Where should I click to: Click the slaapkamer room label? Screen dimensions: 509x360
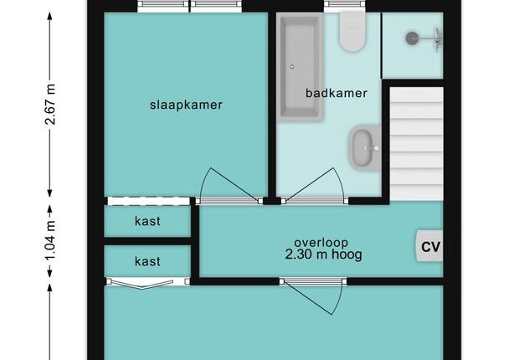pyautogui.click(x=186, y=105)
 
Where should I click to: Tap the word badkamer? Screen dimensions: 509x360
pyautogui.click(x=337, y=93)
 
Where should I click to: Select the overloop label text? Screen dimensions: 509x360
pyautogui.click(x=321, y=243)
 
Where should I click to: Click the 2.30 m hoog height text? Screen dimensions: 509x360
pyautogui.click(x=323, y=255)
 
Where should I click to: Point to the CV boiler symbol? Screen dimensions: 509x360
pyautogui.click(x=429, y=246)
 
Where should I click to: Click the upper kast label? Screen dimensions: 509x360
pyautogui.click(x=147, y=221)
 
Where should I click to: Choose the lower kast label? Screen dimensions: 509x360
pyautogui.click(x=147, y=261)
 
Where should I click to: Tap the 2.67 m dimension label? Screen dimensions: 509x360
pyautogui.click(x=50, y=105)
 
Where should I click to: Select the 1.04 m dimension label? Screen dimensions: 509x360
pyautogui.click(x=50, y=241)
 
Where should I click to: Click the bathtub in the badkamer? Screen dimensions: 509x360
pyautogui.click(x=301, y=67)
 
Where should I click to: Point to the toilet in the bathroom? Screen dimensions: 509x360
pyautogui.click(x=352, y=32)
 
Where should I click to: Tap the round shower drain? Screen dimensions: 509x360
pyautogui.click(x=412, y=39)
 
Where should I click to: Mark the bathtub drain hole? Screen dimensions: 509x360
pyautogui.click(x=292, y=67)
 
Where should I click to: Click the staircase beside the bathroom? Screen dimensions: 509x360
pyautogui.click(x=416, y=144)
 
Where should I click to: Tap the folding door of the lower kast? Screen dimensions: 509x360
pyautogui.click(x=140, y=283)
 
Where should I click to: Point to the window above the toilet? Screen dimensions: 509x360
pyautogui.click(x=345, y=4)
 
